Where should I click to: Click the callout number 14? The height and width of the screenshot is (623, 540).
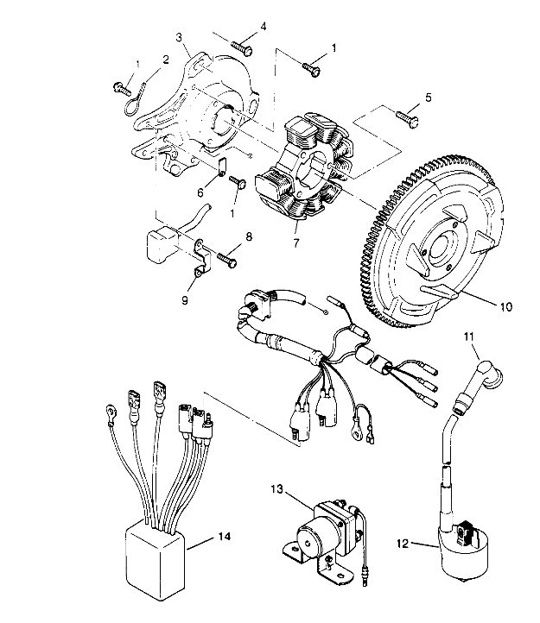tap(224, 537)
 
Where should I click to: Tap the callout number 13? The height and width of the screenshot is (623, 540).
tap(276, 488)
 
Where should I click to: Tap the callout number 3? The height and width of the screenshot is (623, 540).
tap(179, 37)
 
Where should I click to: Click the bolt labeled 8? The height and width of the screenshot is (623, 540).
tap(229, 256)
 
